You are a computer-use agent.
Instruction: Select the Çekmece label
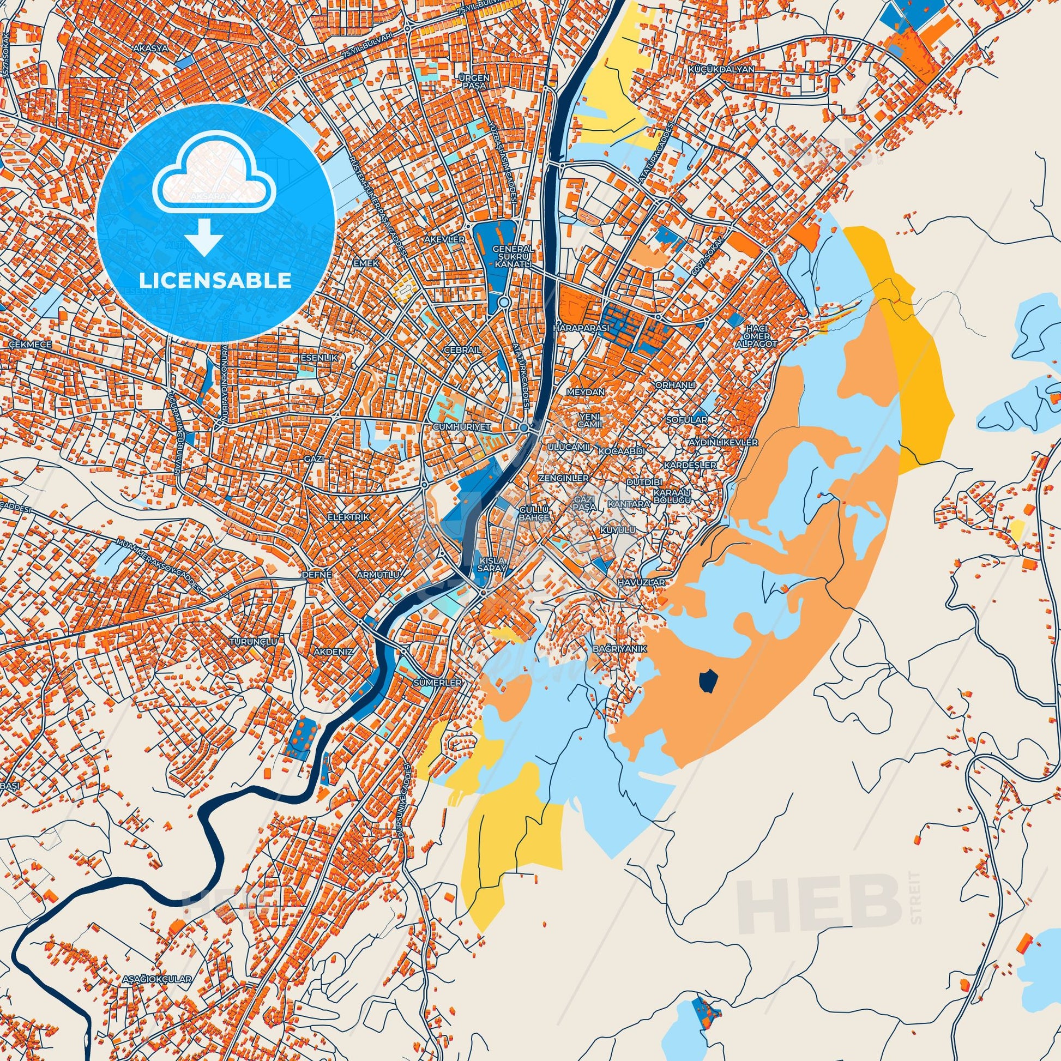pyautogui.click(x=31, y=344)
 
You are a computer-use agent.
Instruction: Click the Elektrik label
pyautogui.click(x=350, y=517)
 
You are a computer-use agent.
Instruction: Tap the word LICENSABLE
pyautogui.click(x=215, y=281)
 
